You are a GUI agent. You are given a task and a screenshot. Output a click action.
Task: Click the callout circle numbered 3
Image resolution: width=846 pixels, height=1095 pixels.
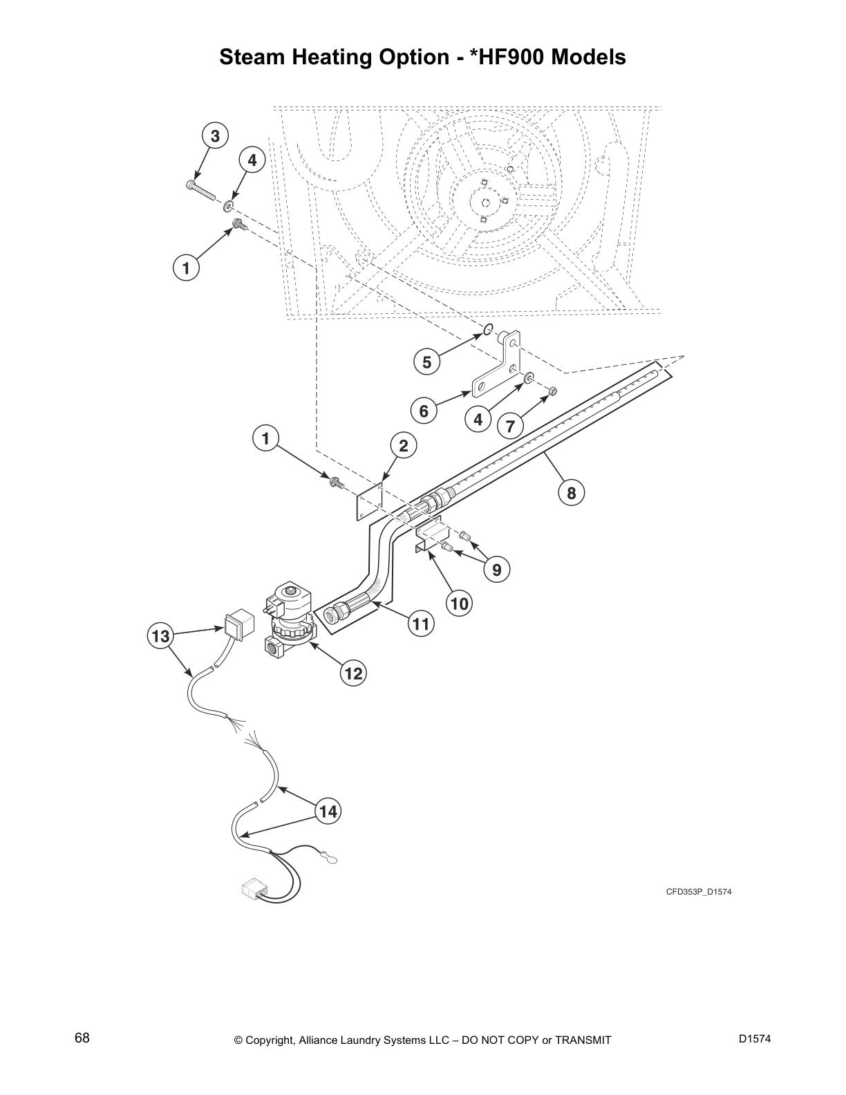coord(215,136)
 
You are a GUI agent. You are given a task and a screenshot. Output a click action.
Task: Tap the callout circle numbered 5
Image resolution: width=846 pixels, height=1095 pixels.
coord(426,362)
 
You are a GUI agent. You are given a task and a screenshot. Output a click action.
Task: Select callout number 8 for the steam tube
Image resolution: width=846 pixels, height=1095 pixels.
coord(572,493)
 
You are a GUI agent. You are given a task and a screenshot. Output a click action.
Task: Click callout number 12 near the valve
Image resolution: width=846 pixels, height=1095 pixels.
coord(353,673)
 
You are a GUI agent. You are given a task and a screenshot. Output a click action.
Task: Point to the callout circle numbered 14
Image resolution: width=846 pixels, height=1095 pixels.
coord(328,811)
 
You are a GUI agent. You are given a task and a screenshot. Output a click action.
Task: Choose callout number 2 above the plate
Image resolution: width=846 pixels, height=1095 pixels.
coord(404,446)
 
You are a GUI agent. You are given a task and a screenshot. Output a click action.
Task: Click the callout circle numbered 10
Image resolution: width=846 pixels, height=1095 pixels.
coord(459,603)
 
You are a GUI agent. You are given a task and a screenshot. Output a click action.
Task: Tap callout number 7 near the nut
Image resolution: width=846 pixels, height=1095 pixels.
coord(510,426)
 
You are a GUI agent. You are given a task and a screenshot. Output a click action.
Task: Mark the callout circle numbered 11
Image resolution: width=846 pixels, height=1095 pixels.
coord(420,624)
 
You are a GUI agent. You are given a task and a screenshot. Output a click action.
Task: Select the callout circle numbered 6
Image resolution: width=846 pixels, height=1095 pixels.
coord(424,412)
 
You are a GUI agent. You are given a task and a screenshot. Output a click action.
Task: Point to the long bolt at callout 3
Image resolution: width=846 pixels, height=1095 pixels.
coord(200,189)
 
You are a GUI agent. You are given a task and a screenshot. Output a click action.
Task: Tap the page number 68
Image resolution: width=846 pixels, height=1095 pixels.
coord(82,1038)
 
